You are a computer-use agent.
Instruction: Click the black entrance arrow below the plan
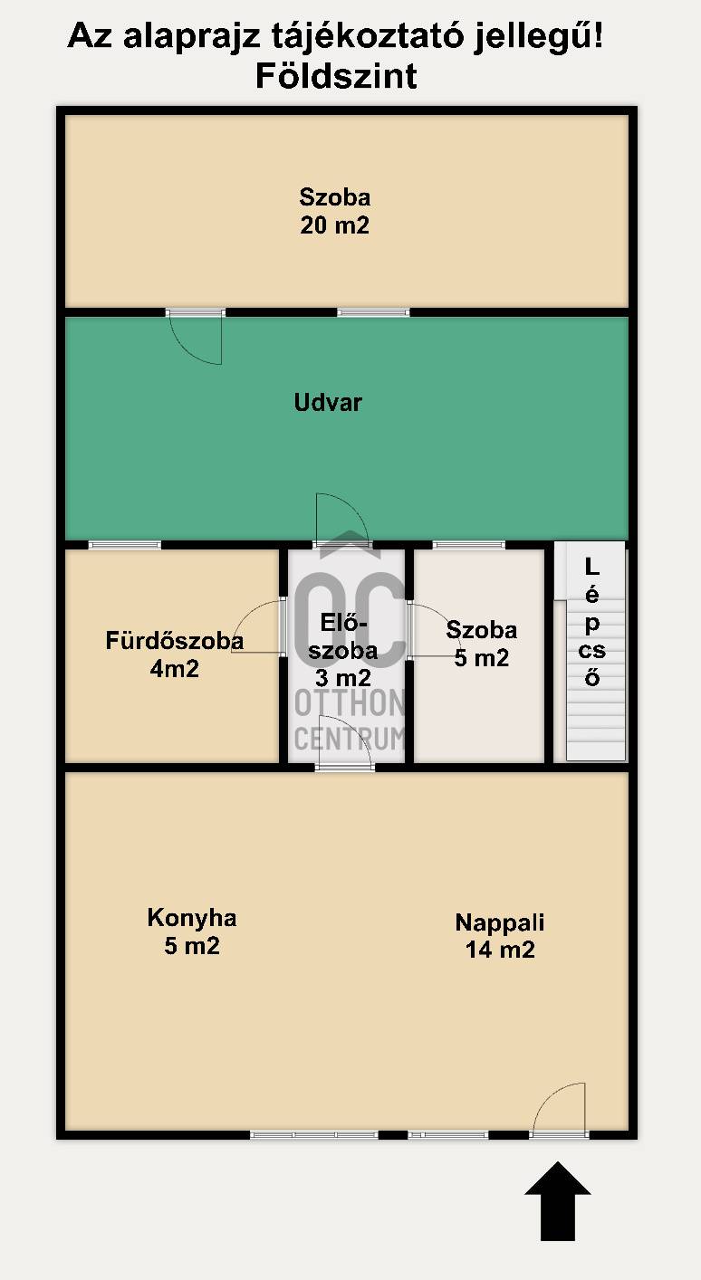[x=558, y=1200]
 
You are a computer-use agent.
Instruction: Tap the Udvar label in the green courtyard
[x=328, y=403]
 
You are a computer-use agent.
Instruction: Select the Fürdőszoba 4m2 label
[x=175, y=654]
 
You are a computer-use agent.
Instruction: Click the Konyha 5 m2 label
[x=192, y=931]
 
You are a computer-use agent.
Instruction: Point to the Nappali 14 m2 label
[x=500, y=936]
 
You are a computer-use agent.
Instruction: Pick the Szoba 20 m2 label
[x=334, y=211]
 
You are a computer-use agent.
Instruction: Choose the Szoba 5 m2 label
[x=482, y=644]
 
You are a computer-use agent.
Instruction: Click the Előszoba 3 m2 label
[x=343, y=650]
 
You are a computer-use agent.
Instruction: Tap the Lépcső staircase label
[x=591, y=622]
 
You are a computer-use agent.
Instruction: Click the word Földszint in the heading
[x=336, y=76]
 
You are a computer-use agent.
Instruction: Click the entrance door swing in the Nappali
[x=559, y=1108]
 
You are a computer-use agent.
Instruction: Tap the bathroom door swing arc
[x=258, y=626]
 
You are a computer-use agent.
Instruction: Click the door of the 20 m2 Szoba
[x=196, y=337]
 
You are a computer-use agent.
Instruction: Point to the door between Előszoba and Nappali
[x=345, y=741]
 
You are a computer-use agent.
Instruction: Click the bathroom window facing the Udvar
[x=125, y=545]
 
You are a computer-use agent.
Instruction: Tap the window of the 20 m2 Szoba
[x=373, y=312]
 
